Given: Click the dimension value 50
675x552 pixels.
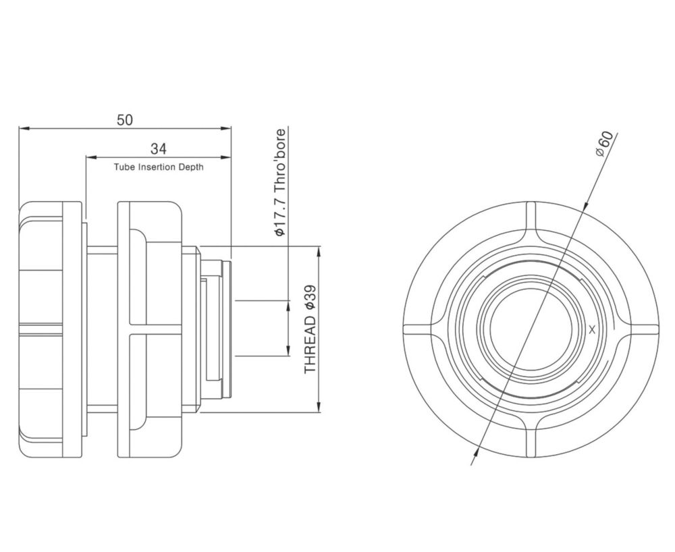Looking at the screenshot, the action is (125, 119).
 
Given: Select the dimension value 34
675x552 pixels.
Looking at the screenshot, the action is (159, 149).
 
